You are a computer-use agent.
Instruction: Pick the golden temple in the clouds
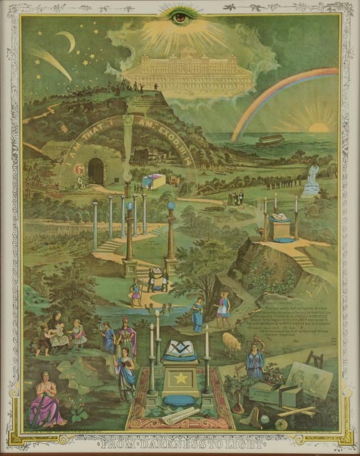point(187,73)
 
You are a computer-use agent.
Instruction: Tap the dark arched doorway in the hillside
point(96,171)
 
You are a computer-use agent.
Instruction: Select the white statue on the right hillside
point(311,178)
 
